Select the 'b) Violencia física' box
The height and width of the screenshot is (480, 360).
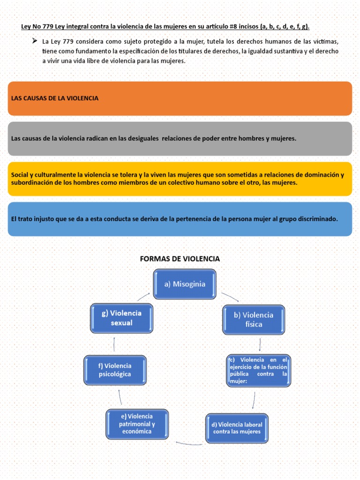pos(254,320)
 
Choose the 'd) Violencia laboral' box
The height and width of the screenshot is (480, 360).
pos(237,427)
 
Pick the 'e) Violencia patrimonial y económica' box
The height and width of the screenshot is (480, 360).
pos(136,424)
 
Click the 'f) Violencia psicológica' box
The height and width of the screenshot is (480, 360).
pos(115,370)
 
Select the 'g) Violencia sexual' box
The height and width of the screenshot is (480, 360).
pos(121,318)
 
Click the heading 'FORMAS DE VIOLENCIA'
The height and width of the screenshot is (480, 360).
pos(180,259)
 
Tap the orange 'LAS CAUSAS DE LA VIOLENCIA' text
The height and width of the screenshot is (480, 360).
pos(54,98)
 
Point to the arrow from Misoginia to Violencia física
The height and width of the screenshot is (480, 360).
pos(230,297)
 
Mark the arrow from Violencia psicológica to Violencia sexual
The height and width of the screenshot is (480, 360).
pos(114,345)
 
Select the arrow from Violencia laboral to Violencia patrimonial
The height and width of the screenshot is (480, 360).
pos(188,443)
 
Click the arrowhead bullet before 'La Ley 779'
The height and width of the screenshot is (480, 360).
pos(34,41)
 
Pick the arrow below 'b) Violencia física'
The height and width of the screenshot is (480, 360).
pos(260,345)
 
